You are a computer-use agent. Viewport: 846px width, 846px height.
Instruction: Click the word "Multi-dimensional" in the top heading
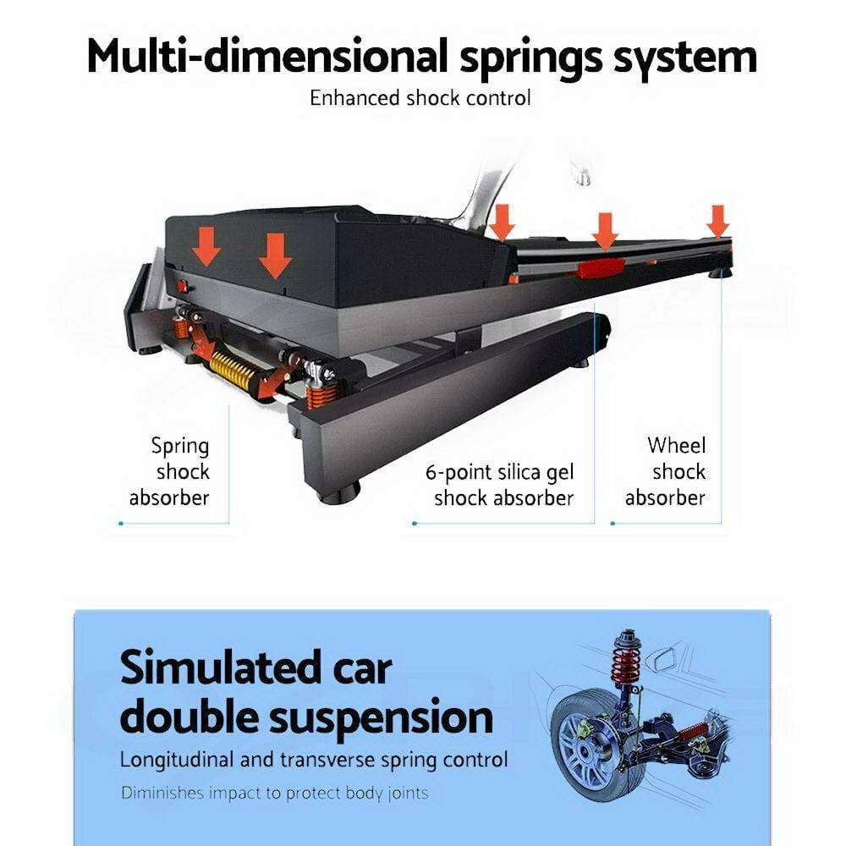pos(267,58)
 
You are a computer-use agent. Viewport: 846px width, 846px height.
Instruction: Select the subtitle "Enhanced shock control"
pos(420,98)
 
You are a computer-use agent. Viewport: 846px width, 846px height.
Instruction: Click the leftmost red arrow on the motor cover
pos(206,245)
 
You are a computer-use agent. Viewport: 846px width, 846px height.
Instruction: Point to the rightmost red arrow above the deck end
pos(718,221)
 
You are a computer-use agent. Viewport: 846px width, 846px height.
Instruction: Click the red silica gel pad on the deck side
pos(600,269)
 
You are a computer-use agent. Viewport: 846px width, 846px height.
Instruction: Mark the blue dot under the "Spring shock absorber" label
pos(121,523)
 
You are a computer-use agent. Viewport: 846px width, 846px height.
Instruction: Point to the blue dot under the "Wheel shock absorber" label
pos(613,523)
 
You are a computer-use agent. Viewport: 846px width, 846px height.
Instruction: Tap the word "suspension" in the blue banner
pos(382,717)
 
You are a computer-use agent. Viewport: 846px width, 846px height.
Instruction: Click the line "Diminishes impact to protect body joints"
pos(274,794)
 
